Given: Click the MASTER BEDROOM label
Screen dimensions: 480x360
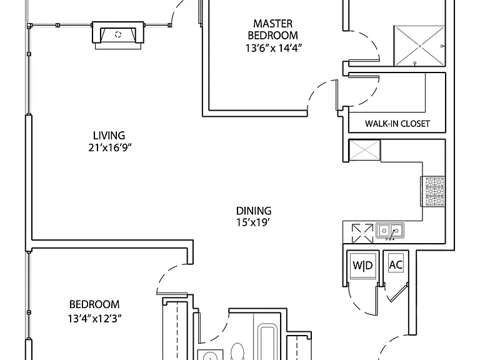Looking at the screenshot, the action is click(x=272, y=29).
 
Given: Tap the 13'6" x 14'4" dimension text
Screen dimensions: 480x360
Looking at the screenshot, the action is click(x=274, y=48).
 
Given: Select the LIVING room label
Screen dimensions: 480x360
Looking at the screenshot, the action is click(x=109, y=135).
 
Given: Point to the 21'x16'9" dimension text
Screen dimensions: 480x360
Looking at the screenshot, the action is click(x=110, y=148).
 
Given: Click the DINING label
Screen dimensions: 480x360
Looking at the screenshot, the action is click(x=254, y=211).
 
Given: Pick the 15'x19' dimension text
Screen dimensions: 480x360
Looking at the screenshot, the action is click(x=253, y=222).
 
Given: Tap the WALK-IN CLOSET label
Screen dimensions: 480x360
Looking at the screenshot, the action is click(x=397, y=124).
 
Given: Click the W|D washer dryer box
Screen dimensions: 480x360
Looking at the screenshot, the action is click(x=362, y=266).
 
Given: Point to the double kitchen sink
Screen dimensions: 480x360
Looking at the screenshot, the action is click(x=390, y=231).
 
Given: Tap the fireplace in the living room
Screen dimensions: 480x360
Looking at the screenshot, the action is click(x=118, y=35).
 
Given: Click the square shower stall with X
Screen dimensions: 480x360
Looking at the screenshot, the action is click(x=419, y=46).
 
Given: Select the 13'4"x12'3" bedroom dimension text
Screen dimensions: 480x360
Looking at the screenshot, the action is click(x=94, y=319).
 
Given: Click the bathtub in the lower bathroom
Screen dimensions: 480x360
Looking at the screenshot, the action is click(x=269, y=342).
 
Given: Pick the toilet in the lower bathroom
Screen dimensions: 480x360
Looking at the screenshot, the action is click(x=237, y=352).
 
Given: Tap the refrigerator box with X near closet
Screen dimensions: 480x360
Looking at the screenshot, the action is click(x=364, y=150).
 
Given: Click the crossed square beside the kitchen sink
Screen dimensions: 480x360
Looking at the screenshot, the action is click(x=362, y=234).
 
